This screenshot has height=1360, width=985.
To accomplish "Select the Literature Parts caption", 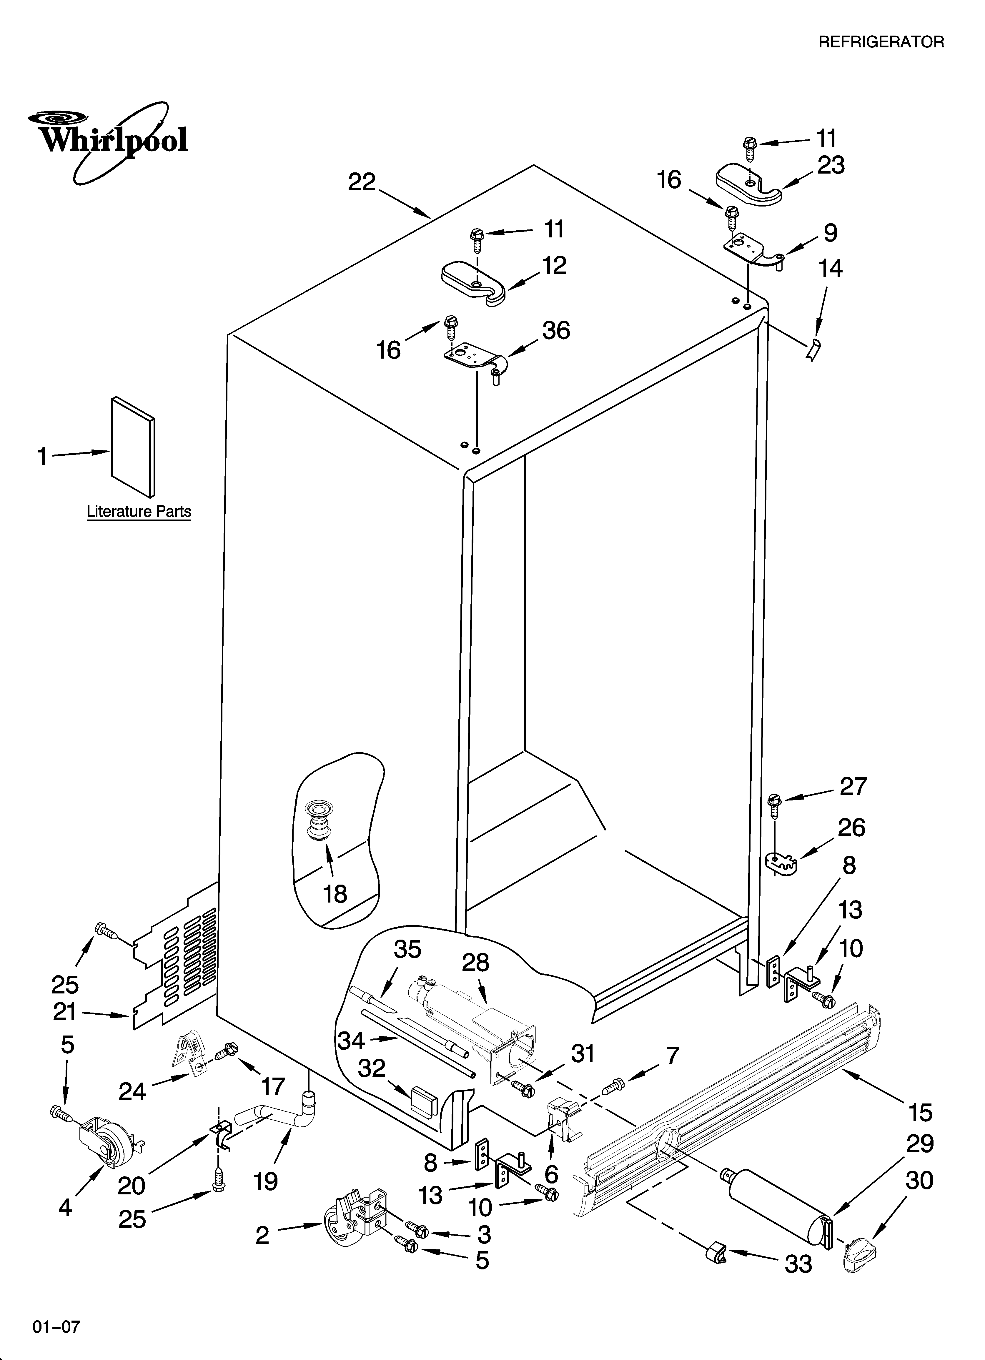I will [x=139, y=512].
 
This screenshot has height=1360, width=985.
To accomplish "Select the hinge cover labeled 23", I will [x=749, y=185].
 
